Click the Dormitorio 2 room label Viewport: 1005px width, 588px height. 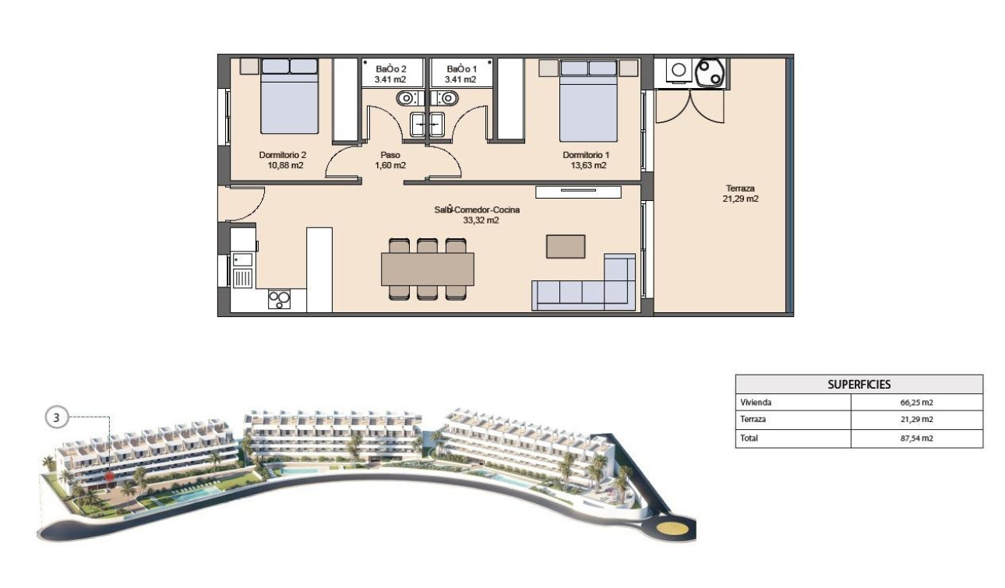(281, 155)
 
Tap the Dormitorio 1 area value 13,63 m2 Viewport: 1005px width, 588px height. (584, 165)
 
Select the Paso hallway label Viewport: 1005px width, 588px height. (390, 155)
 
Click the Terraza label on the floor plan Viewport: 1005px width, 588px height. (740, 188)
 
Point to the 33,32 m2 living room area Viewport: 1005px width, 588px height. (478, 220)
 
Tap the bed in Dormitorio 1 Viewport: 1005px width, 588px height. (588, 101)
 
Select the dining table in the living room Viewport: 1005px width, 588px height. (427, 269)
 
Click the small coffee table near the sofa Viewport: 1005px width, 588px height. (566, 246)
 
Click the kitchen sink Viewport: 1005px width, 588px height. (242, 276)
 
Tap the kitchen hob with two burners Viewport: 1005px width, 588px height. (279, 299)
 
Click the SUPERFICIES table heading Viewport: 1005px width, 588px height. (859, 384)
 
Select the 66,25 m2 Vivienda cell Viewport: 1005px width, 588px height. (916, 403)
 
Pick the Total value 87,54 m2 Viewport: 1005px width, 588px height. (916, 438)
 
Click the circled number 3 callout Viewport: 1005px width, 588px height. (56, 417)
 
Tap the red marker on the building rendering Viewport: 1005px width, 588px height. (110, 472)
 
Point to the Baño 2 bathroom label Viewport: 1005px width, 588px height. (393, 69)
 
